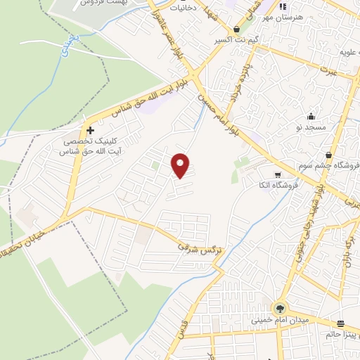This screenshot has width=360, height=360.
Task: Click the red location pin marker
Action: (x=181, y=165)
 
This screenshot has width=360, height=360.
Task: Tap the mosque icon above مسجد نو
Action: (x=311, y=116)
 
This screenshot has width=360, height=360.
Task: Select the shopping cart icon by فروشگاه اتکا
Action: (x=278, y=174)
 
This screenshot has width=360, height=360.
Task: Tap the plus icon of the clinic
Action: (x=90, y=130)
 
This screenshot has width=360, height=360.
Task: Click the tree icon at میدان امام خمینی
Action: (x=281, y=308)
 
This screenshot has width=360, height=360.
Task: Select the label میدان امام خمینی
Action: (x=281, y=320)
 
